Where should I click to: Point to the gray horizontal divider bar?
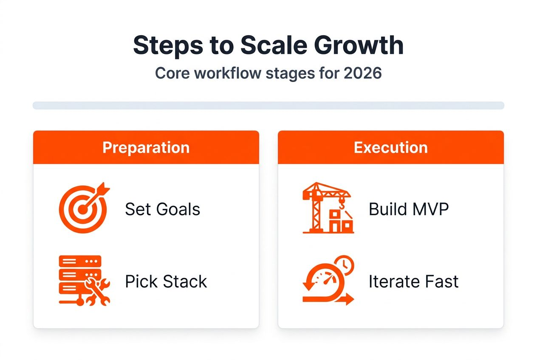268,105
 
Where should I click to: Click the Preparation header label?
146,148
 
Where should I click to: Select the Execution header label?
390,148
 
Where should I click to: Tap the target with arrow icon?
84,208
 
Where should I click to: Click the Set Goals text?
162,209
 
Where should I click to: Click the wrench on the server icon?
98,292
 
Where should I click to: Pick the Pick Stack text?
166,281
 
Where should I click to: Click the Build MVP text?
408,209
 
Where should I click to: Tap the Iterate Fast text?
413,281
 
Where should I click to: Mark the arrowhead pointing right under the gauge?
349,300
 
